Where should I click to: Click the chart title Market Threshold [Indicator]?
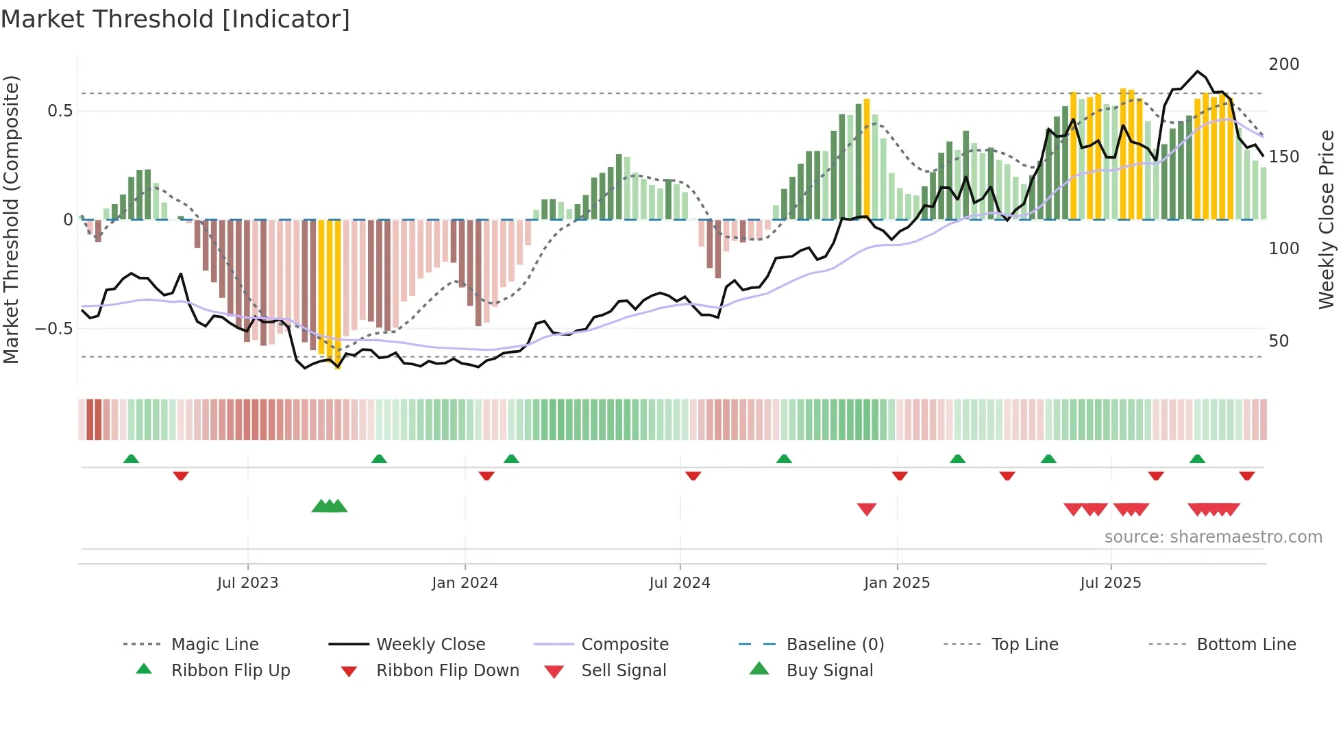click(175, 19)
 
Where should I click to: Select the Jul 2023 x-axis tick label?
click(247, 583)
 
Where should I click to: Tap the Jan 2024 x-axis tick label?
click(465, 583)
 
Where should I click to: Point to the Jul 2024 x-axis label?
click(679, 583)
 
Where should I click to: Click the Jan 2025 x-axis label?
click(896, 583)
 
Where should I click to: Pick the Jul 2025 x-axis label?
click(1110, 583)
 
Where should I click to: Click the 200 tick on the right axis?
click(1283, 64)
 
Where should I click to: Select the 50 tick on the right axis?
click(1279, 341)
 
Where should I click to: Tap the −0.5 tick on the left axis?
click(54, 329)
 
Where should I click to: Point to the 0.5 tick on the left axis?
click(60, 111)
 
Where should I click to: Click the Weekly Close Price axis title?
click(1327, 219)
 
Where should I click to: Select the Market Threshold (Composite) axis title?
click(11, 219)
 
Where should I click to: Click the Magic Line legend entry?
click(214, 645)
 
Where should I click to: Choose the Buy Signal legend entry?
click(829, 671)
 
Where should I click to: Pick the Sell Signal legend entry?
click(623, 671)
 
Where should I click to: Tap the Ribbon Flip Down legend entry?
click(447, 671)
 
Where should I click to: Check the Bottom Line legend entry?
click(1246, 645)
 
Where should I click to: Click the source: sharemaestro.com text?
click(1213, 537)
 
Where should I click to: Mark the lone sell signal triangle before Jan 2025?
click(866, 509)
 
